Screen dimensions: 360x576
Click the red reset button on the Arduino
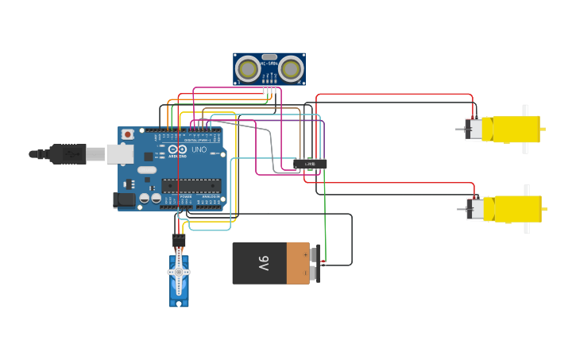coord(127,135)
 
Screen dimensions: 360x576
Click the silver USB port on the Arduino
coord(120,153)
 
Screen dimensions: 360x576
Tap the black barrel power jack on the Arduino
coord(124,201)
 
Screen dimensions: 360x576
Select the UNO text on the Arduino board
coord(199,149)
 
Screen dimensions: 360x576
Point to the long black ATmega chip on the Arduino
coord(191,185)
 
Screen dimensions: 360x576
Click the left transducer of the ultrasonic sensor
coord(249,70)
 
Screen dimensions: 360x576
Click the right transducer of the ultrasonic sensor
coord(291,70)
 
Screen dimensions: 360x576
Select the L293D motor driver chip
coord(310,164)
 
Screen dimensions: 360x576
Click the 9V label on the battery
coord(264,263)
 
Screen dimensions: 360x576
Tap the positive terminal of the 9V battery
coord(315,254)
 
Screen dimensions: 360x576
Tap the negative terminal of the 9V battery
coord(315,273)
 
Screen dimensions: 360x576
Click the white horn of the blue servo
coord(179,272)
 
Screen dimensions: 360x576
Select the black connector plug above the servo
coord(179,240)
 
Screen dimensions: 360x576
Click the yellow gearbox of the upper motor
coord(511,129)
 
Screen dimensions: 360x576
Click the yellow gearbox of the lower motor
coord(512,209)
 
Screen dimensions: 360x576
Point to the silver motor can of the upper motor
coord(474,129)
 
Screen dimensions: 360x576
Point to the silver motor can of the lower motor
coord(474,209)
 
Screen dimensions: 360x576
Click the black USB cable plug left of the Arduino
coord(68,153)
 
